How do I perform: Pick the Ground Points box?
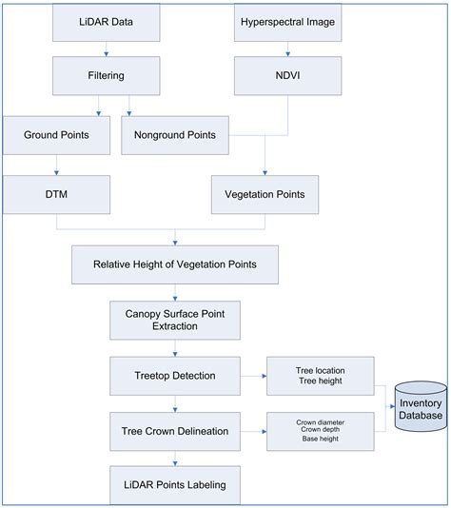pyautogui.click(x=56, y=135)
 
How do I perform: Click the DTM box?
pyautogui.click(x=56, y=193)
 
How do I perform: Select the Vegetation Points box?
pyautogui.click(x=264, y=193)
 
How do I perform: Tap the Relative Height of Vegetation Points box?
pyautogui.click(x=175, y=264)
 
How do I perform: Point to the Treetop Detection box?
pyautogui.click(x=175, y=375)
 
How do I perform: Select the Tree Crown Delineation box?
pyautogui.click(x=175, y=430)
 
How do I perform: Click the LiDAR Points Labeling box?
pyautogui.click(x=175, y=485)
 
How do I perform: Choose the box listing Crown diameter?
pyautogui.click(x=320, y=430)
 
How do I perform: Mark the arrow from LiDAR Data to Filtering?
pyautogui.click(x=107, y=49)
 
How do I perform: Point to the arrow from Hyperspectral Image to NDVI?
pyautogui.click(x=287, y=49)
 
